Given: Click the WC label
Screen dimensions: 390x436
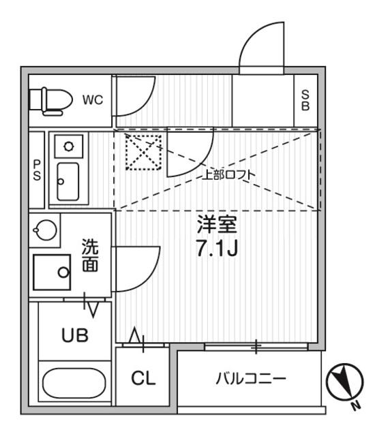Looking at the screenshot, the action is click(x=93, y=100).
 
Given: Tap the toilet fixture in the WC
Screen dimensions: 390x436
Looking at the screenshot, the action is click(x=50, y=102).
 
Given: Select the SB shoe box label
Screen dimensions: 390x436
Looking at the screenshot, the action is click(x=305, y=101).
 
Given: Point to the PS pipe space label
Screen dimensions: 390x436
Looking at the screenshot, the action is click(x=37, y=170).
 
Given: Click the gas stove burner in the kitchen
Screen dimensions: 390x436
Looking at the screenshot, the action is click(x=68, y=146).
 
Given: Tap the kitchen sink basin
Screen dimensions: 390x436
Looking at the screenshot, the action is click(x=68, y=182).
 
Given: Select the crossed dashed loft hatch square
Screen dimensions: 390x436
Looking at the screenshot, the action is click(x=143, y=153).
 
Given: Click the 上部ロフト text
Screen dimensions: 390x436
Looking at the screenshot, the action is click(x=228, y=175).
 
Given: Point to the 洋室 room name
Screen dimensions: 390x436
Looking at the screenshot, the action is click(x=217, y=225).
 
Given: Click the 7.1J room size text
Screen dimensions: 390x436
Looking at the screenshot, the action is click(x=217, y=249).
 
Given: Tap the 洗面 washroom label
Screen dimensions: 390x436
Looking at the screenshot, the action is click(x=90, y=255).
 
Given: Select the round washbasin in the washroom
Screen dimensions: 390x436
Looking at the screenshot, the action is click(x=45, y=230).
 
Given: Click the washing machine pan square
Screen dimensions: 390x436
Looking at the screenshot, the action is click(x=52, y=272).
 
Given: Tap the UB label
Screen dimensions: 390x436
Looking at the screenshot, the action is click(x=75, y=335).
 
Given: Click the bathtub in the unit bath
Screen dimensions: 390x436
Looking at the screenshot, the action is click(x=74, y=383).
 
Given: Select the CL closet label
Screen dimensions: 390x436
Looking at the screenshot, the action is click(x=143, y=378).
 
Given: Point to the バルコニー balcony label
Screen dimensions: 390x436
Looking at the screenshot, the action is click(x=251, y=379).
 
